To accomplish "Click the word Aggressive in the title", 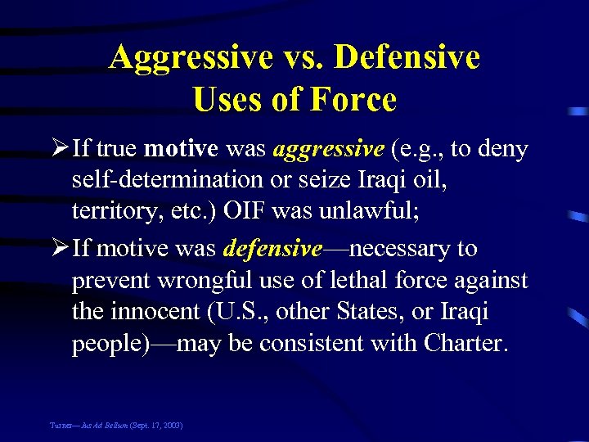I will (190, 57).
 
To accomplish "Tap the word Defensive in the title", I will (407, 57).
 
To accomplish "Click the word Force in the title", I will (353, 100).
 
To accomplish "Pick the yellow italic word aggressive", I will (328, 150).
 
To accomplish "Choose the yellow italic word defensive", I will (273, 249).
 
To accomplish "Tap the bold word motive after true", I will (180, 150).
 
